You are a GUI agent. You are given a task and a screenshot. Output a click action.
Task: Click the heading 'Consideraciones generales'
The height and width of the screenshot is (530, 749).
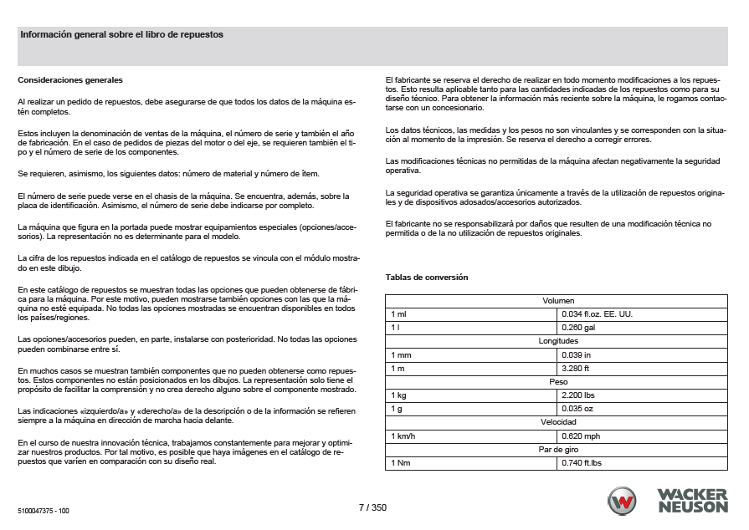point(70,80)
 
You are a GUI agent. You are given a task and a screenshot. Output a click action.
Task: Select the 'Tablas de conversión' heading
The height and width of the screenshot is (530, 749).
point(427,277)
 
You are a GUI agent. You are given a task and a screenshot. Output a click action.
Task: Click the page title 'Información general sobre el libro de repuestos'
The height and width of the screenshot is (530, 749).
point(121,35)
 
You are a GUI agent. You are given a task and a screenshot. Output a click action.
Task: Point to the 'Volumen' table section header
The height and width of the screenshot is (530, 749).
point(558,300)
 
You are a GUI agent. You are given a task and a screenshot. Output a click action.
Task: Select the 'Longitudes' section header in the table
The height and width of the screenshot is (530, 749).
point(558,340)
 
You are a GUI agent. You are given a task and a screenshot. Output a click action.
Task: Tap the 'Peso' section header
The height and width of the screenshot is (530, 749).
point(558,381)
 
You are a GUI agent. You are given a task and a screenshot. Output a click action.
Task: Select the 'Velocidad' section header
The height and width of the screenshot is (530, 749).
point(558,422)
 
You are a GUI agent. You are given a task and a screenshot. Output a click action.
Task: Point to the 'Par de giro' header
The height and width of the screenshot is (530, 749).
point(558,449)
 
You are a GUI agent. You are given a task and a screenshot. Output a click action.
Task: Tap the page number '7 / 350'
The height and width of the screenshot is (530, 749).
point(372,507)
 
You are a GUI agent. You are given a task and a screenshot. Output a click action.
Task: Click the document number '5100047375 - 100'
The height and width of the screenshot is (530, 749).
point(43,509)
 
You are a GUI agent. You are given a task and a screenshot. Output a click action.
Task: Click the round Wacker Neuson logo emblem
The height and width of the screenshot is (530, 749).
point(623,501)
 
